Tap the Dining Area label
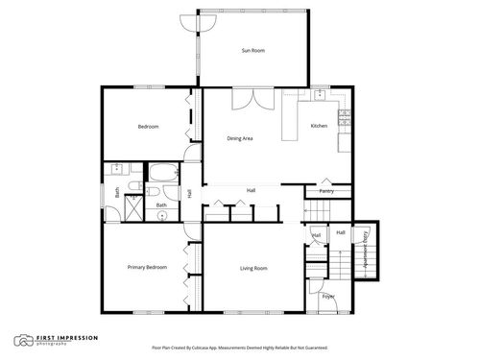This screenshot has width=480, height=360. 240,139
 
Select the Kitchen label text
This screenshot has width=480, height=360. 320,127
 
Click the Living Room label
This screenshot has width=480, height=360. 253,268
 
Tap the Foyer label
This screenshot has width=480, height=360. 328,297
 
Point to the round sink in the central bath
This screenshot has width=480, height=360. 162,215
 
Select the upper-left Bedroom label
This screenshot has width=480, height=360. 148,127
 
